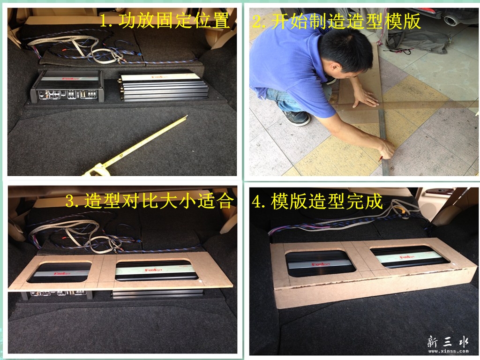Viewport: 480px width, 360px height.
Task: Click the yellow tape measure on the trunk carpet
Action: [135, 147]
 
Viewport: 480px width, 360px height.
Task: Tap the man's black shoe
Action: [296, 118]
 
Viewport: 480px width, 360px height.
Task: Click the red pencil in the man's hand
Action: [380, 158]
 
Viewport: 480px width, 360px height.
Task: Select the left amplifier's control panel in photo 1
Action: [67, 94]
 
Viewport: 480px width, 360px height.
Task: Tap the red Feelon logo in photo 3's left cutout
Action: [63, 273]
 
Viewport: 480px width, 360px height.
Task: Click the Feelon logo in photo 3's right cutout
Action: [154, 270]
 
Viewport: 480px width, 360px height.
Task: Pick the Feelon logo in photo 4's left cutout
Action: [321, 263]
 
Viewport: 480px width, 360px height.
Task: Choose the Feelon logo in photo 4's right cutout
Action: [407, 256]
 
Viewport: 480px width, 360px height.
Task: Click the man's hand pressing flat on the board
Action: [365, 99]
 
